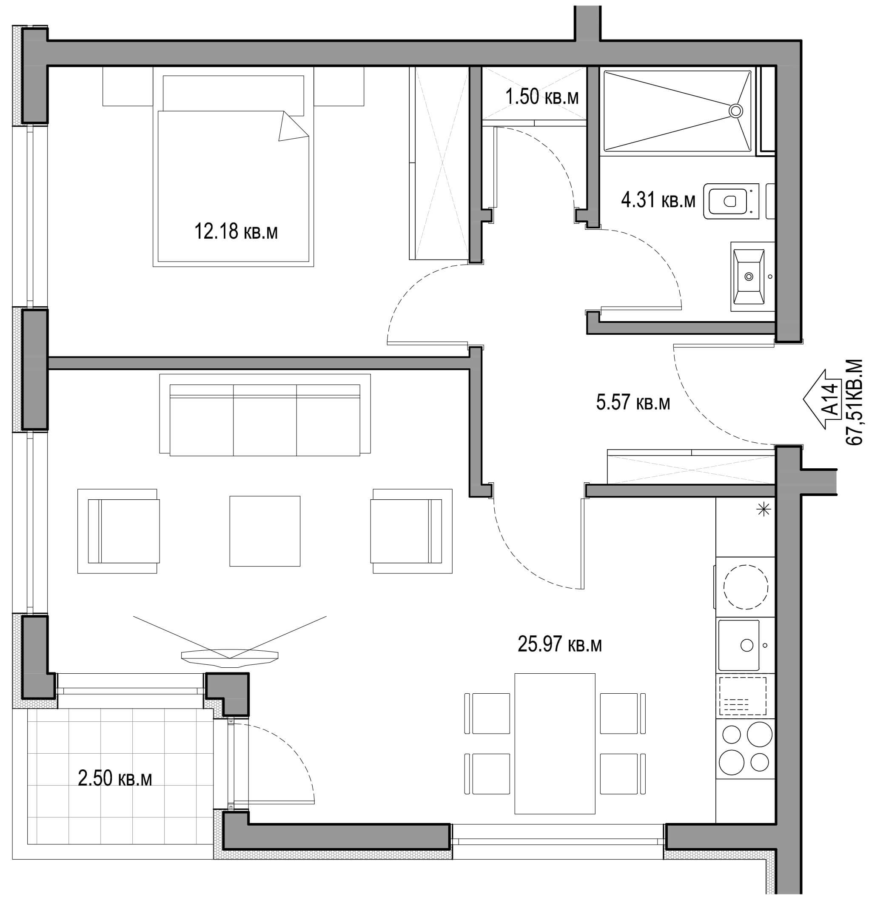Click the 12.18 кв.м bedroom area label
(x=236, y=231)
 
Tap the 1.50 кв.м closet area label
(x=542, y=97)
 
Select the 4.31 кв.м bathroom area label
(x=658, y=200)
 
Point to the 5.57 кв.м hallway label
(x=633, y=402)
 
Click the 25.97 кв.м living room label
(x=560, y=644)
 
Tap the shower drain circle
(x=736, y=110)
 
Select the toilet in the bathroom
(x=731, y=201)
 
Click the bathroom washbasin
(x=749, y=276)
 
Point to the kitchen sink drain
(x=747, y=645)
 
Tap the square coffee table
(x=265, y=531)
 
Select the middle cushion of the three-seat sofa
(x=265, y=420)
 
